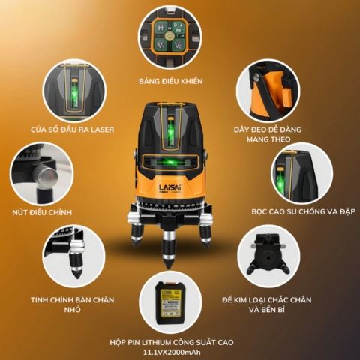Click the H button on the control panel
pos(161,28)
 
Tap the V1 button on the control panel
pos(161,46)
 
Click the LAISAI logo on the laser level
pos(170,187)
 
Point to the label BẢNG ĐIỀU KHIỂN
pos(171,81)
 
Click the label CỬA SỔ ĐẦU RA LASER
pos(73,130)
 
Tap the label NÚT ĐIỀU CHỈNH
pos(42,212)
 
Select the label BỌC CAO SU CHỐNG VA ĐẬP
pos(304,211)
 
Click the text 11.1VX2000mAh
pos(172,352)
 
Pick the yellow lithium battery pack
pos(171,302)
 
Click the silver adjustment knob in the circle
pos(45,174)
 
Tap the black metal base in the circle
pos(268,255)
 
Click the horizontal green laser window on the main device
pos(170,163)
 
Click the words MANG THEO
pos(268,139)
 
